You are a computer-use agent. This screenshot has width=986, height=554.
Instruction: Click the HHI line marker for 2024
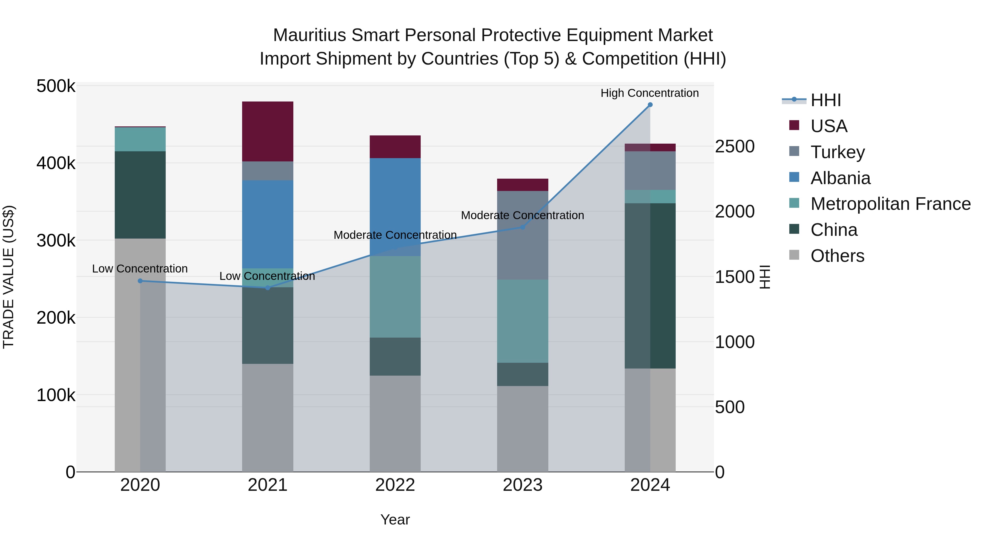650,105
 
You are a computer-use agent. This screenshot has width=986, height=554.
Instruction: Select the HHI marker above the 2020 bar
140,281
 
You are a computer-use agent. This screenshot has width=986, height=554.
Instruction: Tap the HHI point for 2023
523,227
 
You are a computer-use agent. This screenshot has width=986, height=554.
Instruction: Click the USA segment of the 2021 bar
268,132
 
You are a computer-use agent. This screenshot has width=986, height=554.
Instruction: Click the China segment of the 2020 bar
140,195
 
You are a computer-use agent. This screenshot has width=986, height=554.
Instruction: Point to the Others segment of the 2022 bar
395,424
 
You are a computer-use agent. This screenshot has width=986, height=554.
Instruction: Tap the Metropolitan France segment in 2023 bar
523,321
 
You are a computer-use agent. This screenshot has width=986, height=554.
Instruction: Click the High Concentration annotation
650,93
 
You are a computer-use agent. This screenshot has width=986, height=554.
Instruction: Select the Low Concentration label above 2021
267,276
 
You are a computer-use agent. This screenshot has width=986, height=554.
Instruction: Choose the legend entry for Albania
840,178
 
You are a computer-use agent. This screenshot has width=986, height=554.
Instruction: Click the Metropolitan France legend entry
890,204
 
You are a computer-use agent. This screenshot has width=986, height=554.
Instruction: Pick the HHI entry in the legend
826,100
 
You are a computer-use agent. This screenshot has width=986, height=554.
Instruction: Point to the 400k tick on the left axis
56,164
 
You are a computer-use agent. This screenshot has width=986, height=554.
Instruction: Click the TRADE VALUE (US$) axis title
8,277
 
